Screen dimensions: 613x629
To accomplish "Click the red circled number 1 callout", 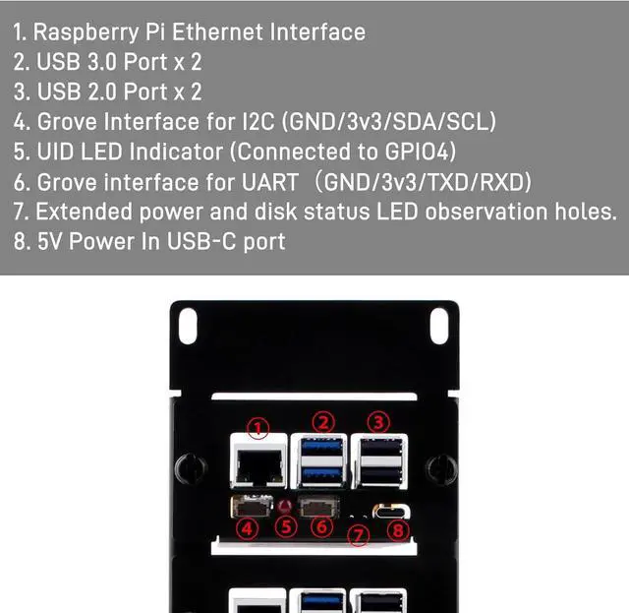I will coord(257,427).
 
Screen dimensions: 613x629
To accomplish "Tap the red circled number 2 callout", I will coord(322,420).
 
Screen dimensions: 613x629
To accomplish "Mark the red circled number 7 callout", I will coord(361,534).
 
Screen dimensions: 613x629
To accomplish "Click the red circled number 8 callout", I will coord(397,529).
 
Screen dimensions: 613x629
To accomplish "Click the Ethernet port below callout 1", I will coord(258,465).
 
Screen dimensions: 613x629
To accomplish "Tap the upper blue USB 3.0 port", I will coord(321,450).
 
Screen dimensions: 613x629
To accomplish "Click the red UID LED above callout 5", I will coord(286,508).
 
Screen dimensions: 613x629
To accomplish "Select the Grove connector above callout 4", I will coord(248,509).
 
